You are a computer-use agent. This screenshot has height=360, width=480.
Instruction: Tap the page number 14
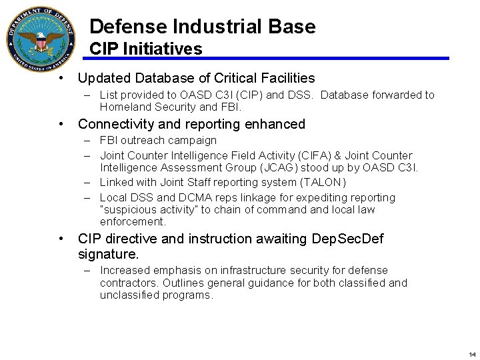[472, 354]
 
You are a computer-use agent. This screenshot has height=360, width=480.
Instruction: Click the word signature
[107, 254]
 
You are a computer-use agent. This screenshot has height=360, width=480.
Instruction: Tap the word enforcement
[132, 221]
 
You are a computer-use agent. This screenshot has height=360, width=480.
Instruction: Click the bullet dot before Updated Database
[61, 78]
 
